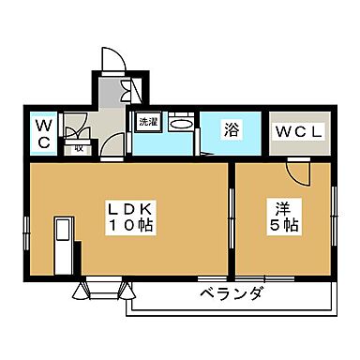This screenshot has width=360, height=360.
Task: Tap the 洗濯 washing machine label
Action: tap(148, 122)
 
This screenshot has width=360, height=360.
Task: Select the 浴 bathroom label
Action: tap(231, 131)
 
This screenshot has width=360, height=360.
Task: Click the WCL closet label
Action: tap(298, 132)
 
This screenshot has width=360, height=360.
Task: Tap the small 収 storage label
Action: tap(80, 147)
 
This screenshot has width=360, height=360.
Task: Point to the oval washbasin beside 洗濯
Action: tap(183, 124)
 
